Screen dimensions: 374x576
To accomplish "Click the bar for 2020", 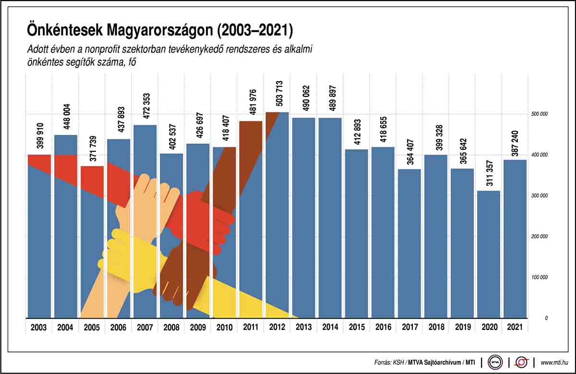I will (x=488, y=254).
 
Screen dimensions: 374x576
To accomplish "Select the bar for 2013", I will (x=303, y=216).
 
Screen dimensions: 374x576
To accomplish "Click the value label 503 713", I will (x=280, y=93).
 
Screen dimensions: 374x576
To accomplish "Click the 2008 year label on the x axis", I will (x=171, y=327).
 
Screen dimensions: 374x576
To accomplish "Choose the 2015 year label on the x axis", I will (x=356, y=327).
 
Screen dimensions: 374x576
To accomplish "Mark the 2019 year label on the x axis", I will (x=462, y=327).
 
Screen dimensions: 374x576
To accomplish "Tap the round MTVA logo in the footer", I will (x=494, y=362).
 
